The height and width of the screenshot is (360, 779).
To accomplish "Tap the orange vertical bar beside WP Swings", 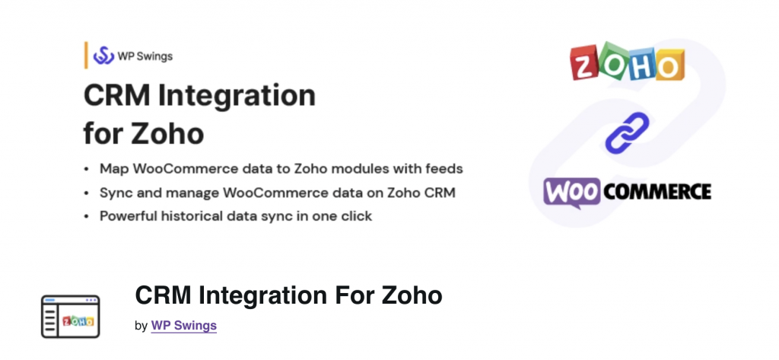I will point(86,56).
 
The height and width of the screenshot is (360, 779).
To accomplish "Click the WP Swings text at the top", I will point(145,56).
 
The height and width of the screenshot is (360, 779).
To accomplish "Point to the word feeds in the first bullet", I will point(443,167).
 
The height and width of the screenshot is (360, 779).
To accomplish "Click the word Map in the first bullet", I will point(113,167).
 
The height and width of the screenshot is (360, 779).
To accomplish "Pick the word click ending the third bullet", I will point(355,215).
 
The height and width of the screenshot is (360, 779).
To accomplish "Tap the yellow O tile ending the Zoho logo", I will point(668,66).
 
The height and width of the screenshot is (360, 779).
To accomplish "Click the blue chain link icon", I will point(627,132).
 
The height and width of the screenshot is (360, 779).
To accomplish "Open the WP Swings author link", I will point(184,325).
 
